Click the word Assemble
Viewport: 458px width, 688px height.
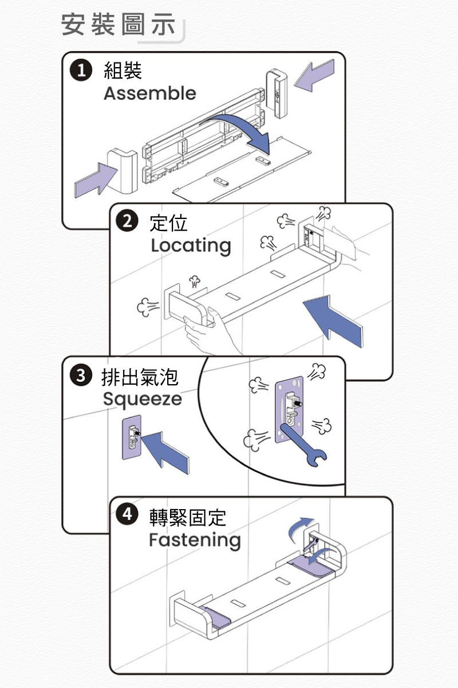tap(150, 93)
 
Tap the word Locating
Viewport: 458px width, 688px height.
tap(191, 245)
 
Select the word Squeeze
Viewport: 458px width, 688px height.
tap(142, 399)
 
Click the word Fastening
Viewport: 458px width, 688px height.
tap(195, 540)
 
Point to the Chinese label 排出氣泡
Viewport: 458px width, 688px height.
tap(140, 376)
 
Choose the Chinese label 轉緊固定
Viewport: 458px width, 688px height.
tap(188, 517)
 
